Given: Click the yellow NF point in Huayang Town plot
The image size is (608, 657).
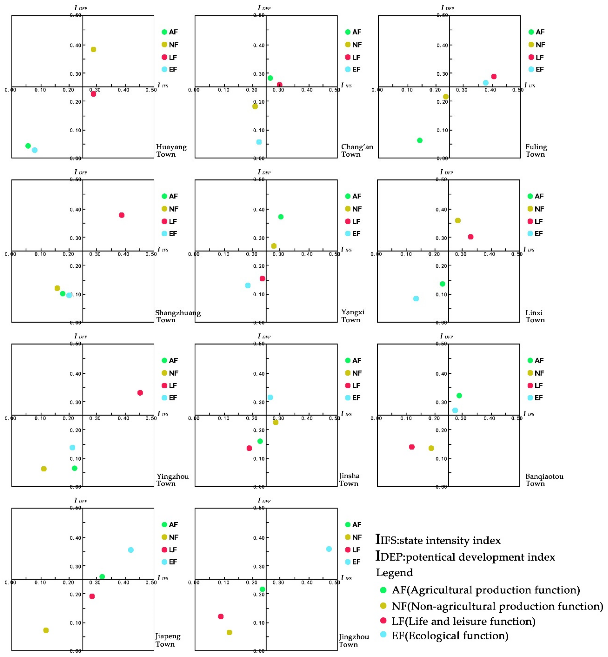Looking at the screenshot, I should point(93,49).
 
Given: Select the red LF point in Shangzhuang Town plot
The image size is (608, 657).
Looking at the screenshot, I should point(121,215).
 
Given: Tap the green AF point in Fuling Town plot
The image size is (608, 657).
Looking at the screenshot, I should point(419,141).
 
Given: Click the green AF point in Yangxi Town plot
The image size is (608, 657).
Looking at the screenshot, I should point(281,217).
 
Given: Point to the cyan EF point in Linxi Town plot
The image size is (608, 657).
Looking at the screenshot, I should point(416,299).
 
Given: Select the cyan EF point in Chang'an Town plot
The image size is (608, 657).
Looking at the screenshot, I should point(259,142).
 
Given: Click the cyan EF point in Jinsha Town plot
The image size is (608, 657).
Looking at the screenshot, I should point(270,397).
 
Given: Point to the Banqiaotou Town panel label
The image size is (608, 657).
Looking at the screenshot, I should point(544,480).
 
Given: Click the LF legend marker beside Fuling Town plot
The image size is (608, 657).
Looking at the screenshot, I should point(531,57).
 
